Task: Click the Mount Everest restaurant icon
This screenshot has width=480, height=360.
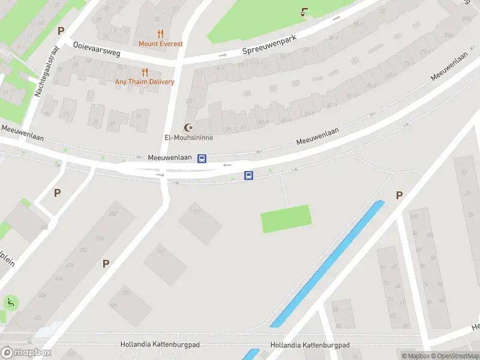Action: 160,34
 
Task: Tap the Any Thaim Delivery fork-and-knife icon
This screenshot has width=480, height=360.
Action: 145,73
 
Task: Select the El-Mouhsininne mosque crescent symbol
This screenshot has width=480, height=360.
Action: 189,128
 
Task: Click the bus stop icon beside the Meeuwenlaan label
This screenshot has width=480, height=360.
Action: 202,158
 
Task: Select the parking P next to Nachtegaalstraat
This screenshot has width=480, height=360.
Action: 60,31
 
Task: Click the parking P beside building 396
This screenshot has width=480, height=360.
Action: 106,263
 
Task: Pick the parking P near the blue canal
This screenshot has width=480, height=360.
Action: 399,195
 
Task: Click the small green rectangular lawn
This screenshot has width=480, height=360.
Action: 286,218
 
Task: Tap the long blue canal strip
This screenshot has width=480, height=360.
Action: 327,264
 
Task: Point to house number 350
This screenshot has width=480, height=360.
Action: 112,214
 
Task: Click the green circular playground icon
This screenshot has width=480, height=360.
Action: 10,302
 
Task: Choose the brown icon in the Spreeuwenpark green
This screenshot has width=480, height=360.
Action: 304,11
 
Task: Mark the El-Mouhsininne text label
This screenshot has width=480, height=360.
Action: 189,137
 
